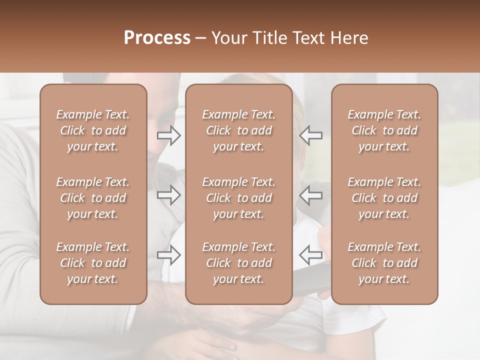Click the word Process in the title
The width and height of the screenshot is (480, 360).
[x=157, y=38]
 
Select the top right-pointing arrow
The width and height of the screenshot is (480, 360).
[x=169, y=135]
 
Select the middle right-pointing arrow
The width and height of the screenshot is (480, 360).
[x=169, y=194]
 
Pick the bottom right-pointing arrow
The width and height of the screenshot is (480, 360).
[x=169, y=254]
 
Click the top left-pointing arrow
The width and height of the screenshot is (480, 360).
[x=310, y=135]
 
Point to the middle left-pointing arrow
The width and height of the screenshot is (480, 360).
[x=310, y=194]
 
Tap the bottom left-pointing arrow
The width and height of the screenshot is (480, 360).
[x=310, y=254]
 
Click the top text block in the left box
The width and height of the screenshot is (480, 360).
[x=93, y=130]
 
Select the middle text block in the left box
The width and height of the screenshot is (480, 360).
[x=93, y=198]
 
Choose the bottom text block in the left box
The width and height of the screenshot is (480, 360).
[x=93, y=263]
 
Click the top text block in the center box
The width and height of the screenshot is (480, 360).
[x=238, y=130]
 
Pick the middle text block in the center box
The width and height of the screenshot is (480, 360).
[x=238, y=198]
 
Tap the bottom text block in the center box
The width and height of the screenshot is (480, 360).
[x=238, y=263]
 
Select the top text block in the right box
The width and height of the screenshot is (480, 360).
[x=384, y=130]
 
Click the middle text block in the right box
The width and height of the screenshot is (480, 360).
[x=384, y=198]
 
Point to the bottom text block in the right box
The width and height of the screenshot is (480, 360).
[x=384, y=263]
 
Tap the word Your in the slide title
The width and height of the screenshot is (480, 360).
[x=226, y=38]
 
